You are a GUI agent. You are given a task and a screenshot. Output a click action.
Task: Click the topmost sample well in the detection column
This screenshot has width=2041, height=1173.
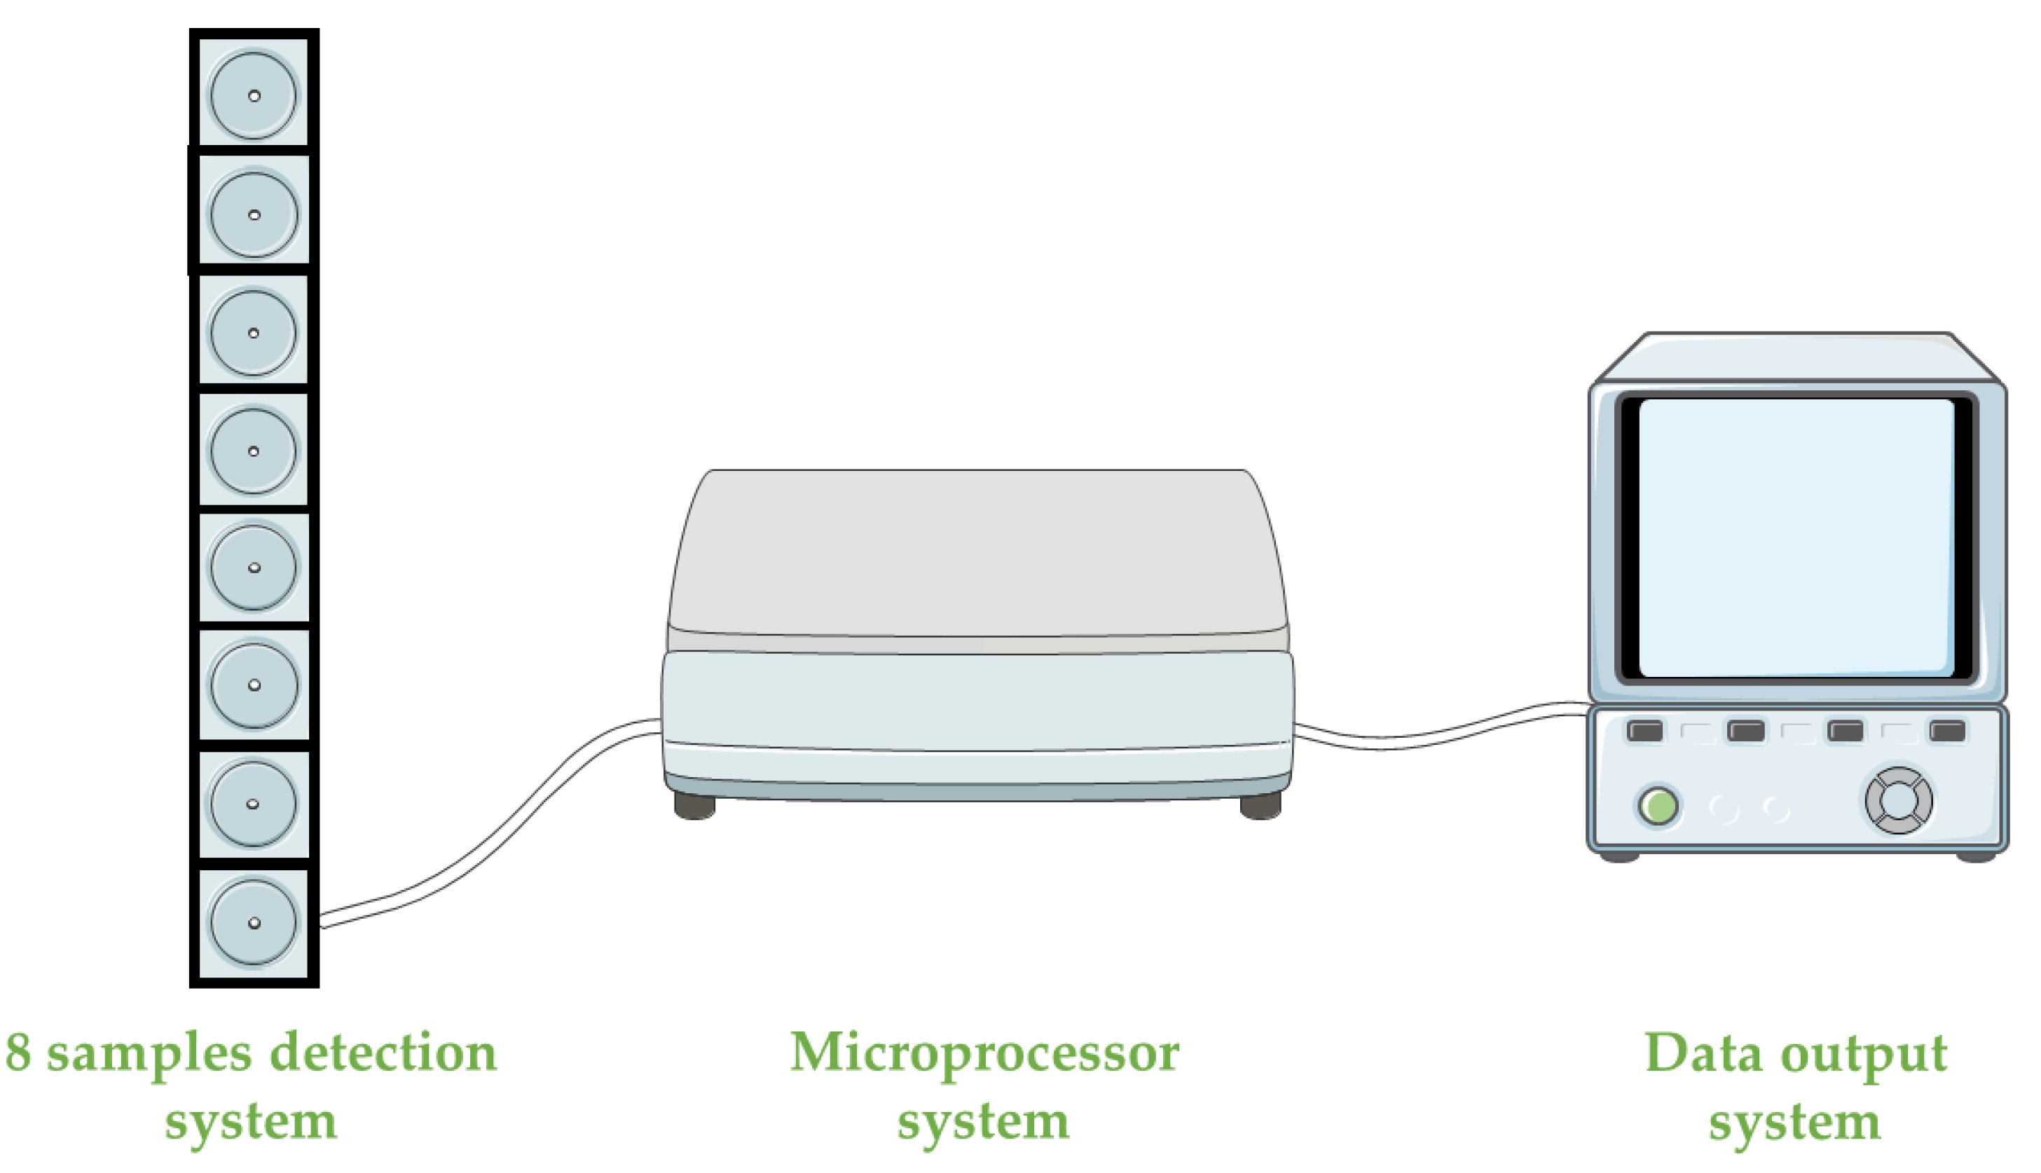click(x=254, y=95)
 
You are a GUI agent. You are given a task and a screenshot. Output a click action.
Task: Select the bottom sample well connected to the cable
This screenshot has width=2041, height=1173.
click(x=254, y=922)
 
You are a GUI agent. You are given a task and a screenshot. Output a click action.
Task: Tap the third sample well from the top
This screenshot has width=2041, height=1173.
click(x=254, y=333)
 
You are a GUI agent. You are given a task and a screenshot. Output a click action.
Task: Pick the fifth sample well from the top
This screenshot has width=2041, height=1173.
click(x=254, y=567)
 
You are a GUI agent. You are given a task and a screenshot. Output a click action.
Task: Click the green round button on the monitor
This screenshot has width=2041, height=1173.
click(x=1658, y=806)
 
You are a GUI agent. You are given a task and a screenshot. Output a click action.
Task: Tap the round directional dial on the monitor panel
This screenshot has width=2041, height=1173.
click(x=1899, y=800)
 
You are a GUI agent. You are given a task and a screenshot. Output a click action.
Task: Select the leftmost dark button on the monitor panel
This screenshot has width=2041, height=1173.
click(x=1644, y=731)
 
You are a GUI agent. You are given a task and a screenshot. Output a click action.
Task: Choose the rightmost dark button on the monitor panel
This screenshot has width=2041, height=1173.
click(x=1948, y=731)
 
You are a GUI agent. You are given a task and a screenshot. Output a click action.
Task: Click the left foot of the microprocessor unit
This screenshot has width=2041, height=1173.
click(x=694, y=807)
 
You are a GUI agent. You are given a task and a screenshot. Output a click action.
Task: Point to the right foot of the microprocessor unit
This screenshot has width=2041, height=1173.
click(x=1260, y=807)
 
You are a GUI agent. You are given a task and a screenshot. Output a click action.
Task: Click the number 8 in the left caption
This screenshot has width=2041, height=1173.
click(x=18, y=1053)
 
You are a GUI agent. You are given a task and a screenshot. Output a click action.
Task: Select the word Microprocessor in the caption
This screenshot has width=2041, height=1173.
click(x=984, y=1053)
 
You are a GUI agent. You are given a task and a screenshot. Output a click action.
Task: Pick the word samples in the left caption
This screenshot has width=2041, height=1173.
click(x=149, y=1053)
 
